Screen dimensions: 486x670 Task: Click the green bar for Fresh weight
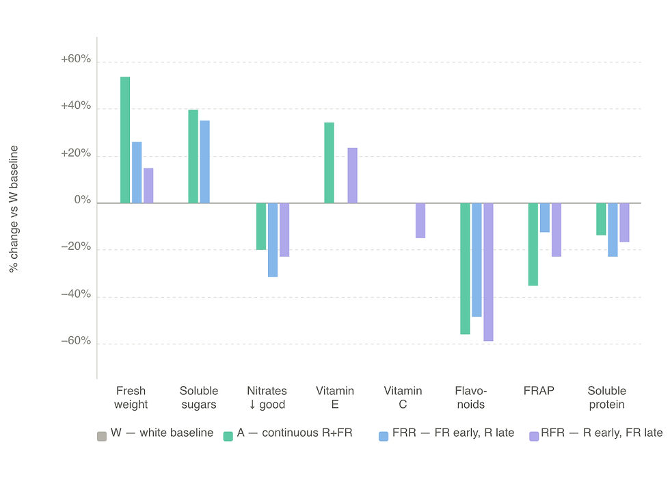tap(125, 140)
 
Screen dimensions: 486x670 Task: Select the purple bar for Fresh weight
tap(148, 186)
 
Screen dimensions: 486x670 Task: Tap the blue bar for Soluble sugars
tap(205, 162)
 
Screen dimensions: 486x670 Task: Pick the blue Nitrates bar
tap(273, 240)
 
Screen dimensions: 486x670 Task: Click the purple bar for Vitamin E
tap(352, 175)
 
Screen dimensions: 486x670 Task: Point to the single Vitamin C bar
tap(420, 220)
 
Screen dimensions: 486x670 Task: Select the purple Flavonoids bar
tap(488, 272)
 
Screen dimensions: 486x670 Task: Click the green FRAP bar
tap(533, 244)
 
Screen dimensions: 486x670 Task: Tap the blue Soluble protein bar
tap(613, 229)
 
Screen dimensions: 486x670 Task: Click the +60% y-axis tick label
tap(76, 60)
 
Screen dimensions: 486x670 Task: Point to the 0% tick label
tap(83, 201)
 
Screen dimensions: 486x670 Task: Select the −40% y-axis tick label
tap(76, 294)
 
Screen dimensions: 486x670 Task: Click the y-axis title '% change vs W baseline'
tap(14, 209)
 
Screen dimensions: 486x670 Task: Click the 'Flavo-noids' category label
tap(470, 398)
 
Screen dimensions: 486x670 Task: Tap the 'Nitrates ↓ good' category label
tap(267, 398)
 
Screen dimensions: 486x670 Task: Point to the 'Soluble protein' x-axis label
tap(606, 398)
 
